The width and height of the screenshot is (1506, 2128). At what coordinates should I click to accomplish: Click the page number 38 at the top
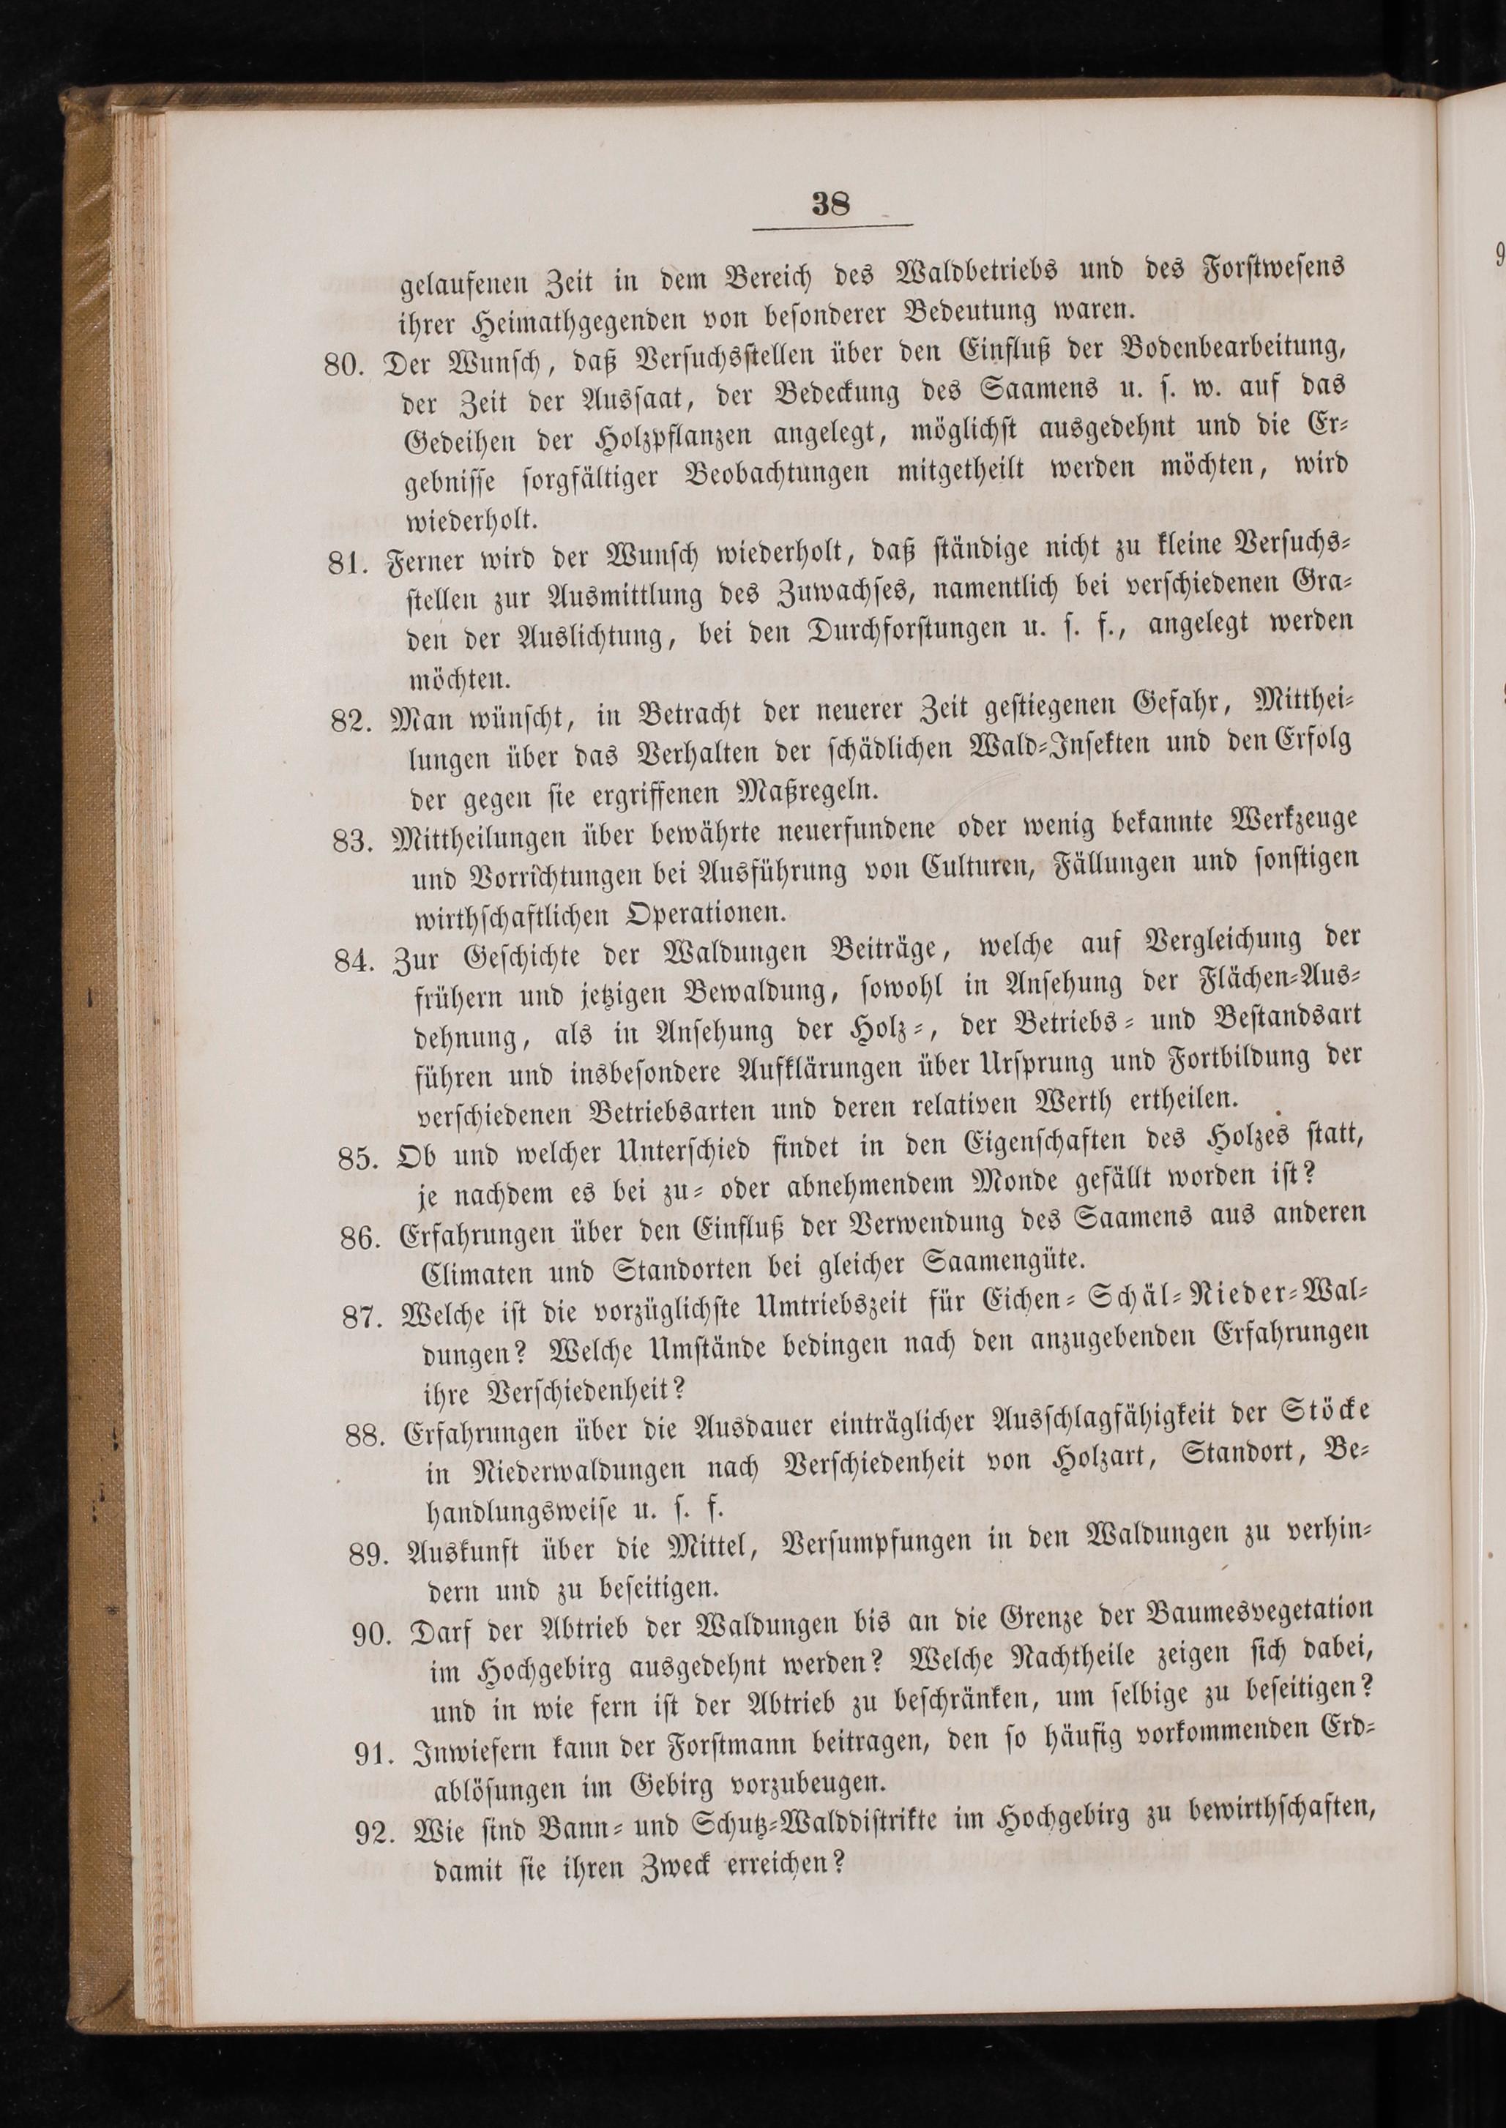[830, 203]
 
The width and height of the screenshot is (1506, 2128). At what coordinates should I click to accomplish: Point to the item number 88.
[365, 1436]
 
